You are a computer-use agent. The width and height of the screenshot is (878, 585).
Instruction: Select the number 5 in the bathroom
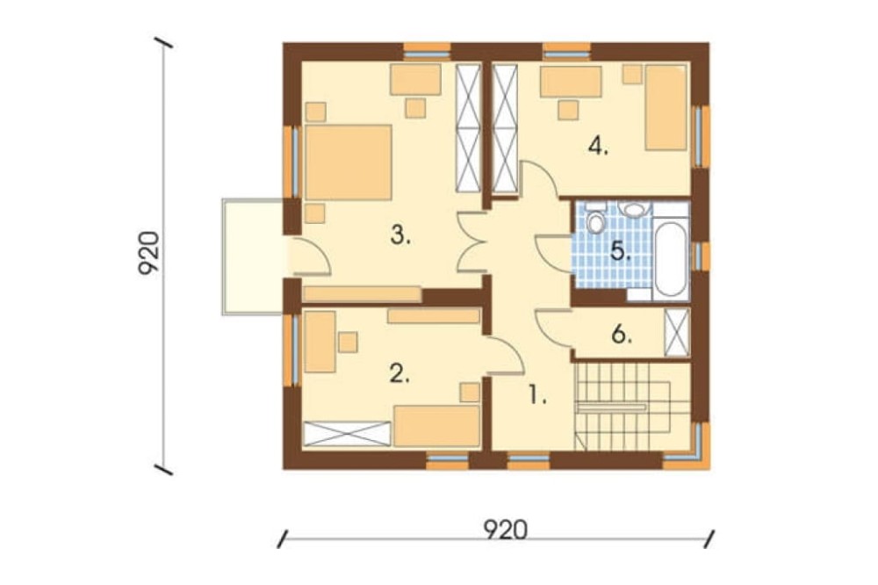click(621, 251)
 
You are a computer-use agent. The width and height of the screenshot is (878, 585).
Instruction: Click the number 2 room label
click(399, 374)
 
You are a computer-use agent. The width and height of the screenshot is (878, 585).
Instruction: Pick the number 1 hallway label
click(537, 396)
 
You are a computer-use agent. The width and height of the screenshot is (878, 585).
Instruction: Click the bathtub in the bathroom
click(671, 259)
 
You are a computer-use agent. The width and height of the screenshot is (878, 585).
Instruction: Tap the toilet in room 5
click(596, 220)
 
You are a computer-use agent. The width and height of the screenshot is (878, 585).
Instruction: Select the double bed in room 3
click(349, 162)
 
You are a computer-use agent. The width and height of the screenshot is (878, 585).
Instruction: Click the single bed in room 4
click(666, 107)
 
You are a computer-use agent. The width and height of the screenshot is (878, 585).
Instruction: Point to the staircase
click(633, 406)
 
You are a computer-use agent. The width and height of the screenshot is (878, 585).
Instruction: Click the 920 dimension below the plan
click(505, 530)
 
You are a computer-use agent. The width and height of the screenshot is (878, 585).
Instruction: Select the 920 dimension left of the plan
click(149, 253)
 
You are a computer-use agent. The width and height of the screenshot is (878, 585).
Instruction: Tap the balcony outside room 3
click(254, 256)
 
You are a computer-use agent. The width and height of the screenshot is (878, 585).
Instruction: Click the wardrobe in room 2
click(347, 434)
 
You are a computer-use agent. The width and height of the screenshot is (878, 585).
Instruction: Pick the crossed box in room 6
click(676, 332)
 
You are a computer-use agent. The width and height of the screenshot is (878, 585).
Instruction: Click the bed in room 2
click(436, 426)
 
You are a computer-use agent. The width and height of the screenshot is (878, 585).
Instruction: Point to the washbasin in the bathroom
click(635, 210)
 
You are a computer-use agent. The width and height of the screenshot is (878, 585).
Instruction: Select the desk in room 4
click(570, 82)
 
